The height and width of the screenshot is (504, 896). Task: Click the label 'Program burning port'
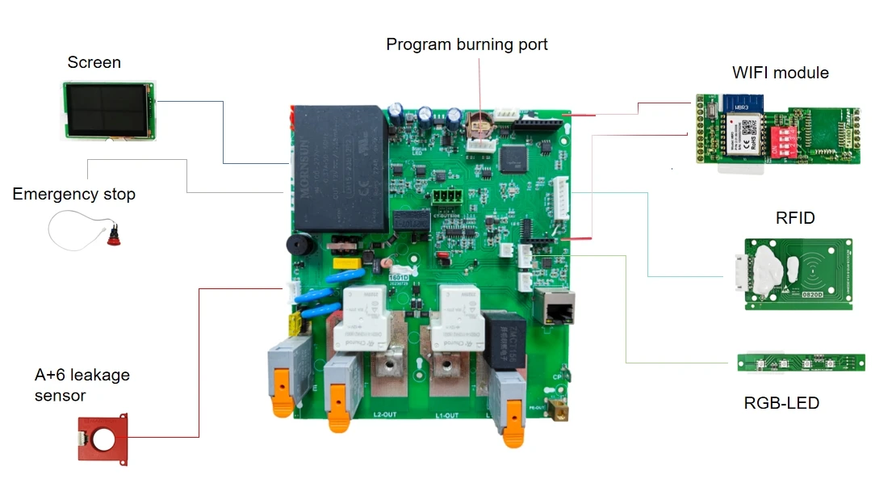pyautogui.click(x=467, y=44)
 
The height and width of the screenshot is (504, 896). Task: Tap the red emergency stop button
pyautogui.click(x=113, y=235)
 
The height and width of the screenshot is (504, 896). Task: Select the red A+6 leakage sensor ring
pyautogui.click(x=103, y=438)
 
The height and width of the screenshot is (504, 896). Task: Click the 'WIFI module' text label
pyautogui.click(x=780, y=73)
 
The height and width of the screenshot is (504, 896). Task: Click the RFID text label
pyautogui.click(x=794, y=218)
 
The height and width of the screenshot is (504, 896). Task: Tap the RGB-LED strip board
pyautogui.click(x=801, y=363)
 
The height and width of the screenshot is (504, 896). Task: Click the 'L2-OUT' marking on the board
pyautogui.click(x=383, y=415)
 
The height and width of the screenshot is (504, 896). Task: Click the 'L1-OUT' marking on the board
pyautogui.click(x=447, y=415)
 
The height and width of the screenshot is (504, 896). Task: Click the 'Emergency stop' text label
pyautogui.click(x=74, y=195)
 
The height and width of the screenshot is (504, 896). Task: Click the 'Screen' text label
pyautogui.click(x=94, y=62)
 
